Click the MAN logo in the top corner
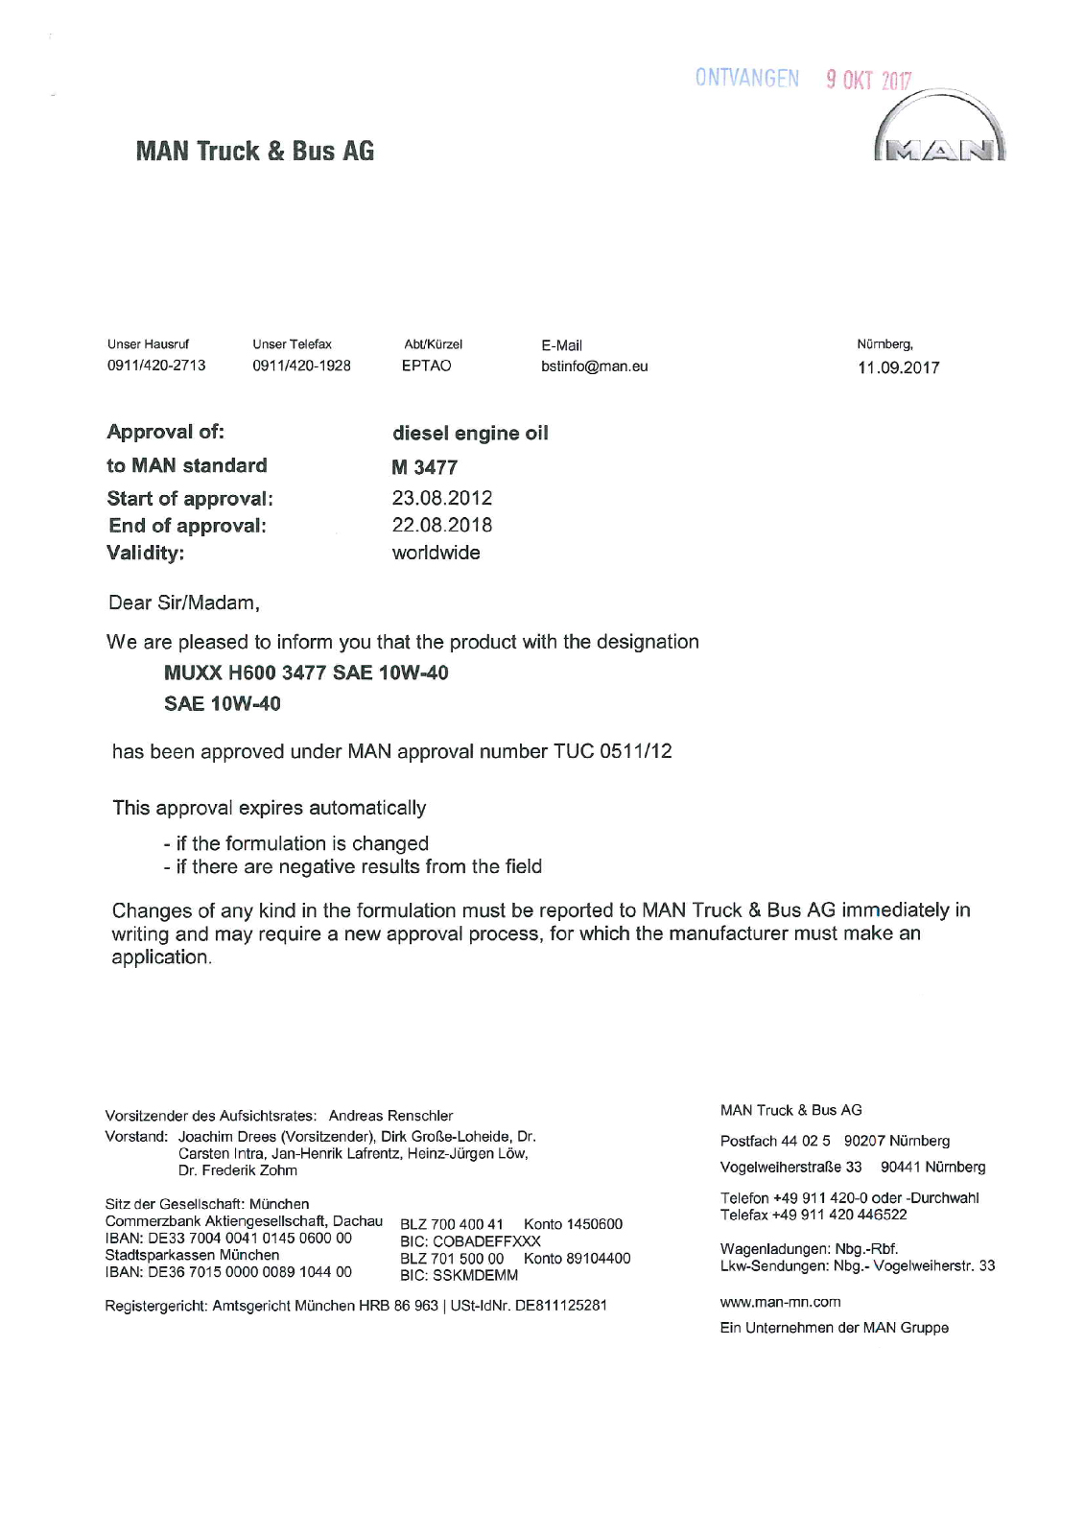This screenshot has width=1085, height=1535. point(939,134)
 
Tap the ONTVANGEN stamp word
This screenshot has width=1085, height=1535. point(747,79)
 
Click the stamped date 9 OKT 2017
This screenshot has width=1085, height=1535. point(868,81)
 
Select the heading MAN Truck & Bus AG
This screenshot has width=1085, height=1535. point(255,152)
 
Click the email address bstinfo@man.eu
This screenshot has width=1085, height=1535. point(595,366)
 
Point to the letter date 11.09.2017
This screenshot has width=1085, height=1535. point(898,367)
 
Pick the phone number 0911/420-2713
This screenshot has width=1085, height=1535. point(156,366)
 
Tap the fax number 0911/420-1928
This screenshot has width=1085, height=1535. point(301,366)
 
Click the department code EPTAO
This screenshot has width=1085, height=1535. point(426,366)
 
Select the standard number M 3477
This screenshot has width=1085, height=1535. point(424,467)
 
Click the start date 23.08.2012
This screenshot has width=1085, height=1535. point(441,498)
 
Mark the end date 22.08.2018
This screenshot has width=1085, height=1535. point(441,525)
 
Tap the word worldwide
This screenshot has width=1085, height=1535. point(436,553)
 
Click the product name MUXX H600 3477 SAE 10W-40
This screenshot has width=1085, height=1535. point(306,673)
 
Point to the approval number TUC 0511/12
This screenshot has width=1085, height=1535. point(612,751)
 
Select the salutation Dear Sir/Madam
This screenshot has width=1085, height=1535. point(184,603)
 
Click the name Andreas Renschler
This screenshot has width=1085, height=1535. point(390,1116)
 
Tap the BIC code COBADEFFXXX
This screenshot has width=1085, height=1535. point(486,1240)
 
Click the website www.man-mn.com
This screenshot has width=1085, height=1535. point(780,1302)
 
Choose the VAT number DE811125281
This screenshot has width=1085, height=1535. point(560,1305)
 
